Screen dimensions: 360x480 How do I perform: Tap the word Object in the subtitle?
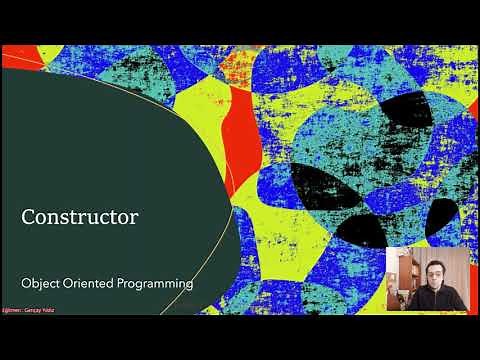pos(42,284)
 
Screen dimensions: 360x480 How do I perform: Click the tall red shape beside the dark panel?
pos(240,140)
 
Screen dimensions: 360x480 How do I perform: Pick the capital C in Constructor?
pos(30,216)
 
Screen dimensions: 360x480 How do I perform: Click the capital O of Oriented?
pos(71,284)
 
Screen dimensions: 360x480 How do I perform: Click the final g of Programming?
pos(189,286)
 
